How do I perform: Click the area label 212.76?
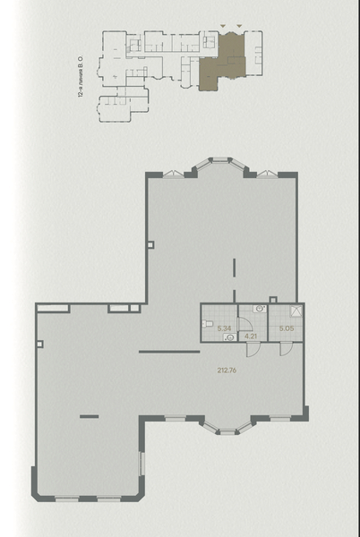[227, 371]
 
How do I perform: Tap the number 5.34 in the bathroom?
[225, 328]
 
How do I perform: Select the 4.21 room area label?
[251, 336]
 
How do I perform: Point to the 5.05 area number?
[287, 328]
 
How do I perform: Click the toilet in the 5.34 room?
[207, 323]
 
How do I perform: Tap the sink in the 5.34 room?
[230, 337]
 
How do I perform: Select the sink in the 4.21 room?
[260, 309]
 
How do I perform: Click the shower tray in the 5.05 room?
[296, 311]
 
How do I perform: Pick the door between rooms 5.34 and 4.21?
[244, 324]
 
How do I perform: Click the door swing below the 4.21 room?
[253, 349]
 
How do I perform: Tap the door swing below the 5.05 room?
[286, 348]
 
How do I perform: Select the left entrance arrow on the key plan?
[223, 26]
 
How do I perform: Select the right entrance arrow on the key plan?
[239, 26]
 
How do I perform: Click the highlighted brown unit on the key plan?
[222, 65]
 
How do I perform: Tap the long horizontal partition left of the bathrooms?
[169, 352]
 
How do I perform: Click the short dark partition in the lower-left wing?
[89, 416]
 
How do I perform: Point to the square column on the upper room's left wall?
[150, 245]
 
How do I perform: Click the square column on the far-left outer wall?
[39, 344]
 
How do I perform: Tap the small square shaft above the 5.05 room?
[272, 300]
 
